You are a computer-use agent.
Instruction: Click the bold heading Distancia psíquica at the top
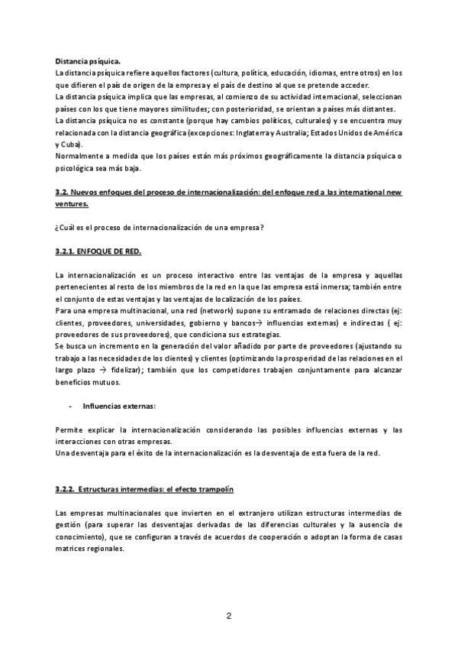tap(87, 60)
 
